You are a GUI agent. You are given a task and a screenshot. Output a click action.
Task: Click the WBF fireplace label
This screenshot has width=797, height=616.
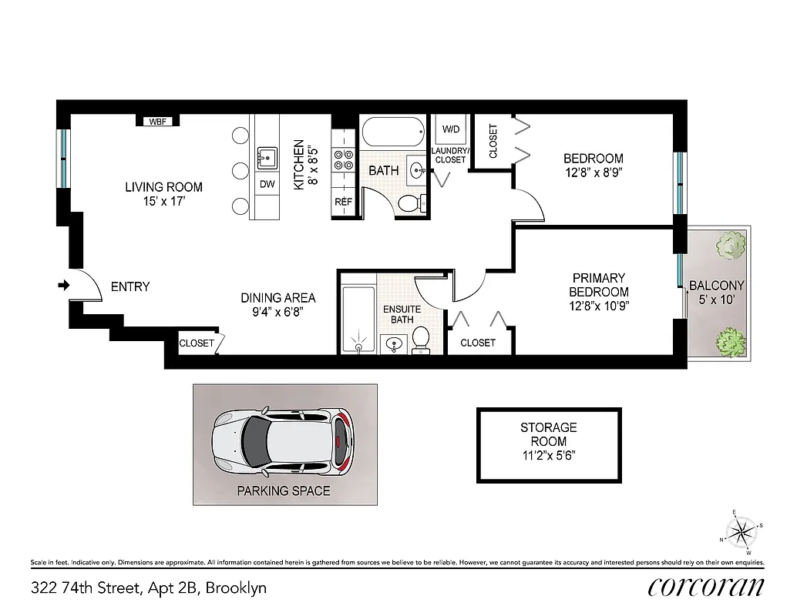pyautogui.click(x=158, y=121)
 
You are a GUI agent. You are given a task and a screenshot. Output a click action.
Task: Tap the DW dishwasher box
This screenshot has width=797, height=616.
pyautogui.click(x=267, y=184)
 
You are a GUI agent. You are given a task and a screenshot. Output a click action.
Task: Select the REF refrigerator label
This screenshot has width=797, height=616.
pyautogui.click(x=343, y=203)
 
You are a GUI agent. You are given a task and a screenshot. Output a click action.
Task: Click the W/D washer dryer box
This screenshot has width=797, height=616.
pyautogui.click(x=449, y=129)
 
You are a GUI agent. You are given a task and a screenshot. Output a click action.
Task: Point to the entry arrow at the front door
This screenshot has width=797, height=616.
pyautogui.click(x=63, y=286)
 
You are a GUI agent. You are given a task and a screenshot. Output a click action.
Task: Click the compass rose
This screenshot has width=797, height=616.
pyautogui.click(x=742, y=531)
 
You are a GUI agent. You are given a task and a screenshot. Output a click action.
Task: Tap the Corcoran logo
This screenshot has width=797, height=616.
pyautogui.click(x=706, y=586)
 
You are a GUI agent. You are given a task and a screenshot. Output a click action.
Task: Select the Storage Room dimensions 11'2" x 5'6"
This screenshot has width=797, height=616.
pyautogui.click(x=548, y=455)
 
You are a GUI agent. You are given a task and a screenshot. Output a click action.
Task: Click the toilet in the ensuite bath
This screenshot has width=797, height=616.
pyautogui.click(x=421, y=339)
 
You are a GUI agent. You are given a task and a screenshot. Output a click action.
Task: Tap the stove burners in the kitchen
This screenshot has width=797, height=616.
pyautogui.click(x=343, y=159)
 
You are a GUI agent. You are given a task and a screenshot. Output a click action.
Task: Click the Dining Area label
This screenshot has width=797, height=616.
pyautogui.click(x=278, y=298)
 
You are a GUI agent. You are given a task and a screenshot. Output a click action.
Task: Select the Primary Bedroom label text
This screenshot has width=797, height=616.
pyautogui.click(x=598, y=285)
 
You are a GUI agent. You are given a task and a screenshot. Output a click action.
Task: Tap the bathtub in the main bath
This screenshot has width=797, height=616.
pyautogui.click(x=392, y=132)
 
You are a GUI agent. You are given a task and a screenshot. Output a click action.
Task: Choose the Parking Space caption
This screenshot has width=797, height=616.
pyautogui.click(x=283, y=490)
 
